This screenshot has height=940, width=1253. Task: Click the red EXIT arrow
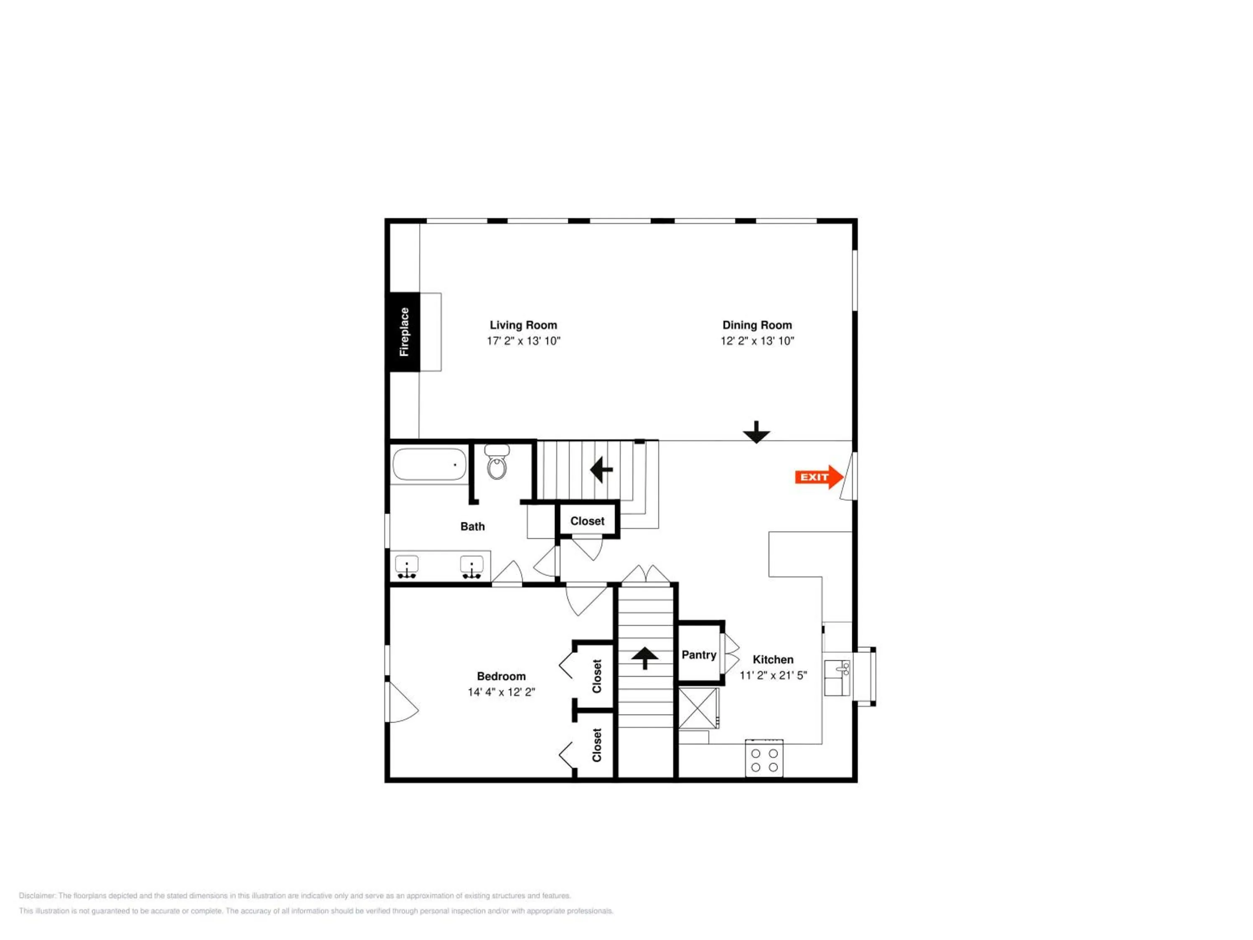[x=819, y=477]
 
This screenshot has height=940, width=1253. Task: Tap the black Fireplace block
[x=404, y=332]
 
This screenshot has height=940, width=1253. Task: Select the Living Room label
[x=523, y=325]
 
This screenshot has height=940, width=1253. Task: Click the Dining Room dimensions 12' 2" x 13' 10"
[x=757, y=341]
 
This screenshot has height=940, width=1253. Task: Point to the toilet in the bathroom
[x=497, y=462]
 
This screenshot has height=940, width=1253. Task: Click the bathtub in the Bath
[x=429, y=465]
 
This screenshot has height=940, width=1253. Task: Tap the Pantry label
[x=699, y=655]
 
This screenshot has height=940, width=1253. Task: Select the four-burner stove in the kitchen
[x=764, y=758]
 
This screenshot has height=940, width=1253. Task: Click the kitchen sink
[x=837, y=678]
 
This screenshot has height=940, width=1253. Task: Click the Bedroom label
[x=501, y=676]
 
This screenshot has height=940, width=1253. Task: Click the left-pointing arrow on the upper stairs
[x=601, y=470]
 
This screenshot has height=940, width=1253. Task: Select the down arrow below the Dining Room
[x=757, y=432]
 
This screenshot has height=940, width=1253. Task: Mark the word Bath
[x=472, y=527]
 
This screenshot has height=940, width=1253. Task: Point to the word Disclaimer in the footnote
[x=38, y=896]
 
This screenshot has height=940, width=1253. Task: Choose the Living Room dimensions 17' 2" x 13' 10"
[x=523, y=341]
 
